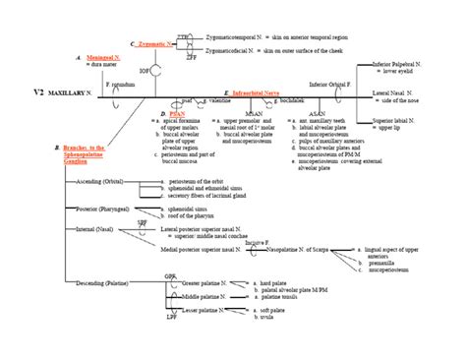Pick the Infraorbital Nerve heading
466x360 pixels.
point(262,91)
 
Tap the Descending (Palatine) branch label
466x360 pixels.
point(102,283)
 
